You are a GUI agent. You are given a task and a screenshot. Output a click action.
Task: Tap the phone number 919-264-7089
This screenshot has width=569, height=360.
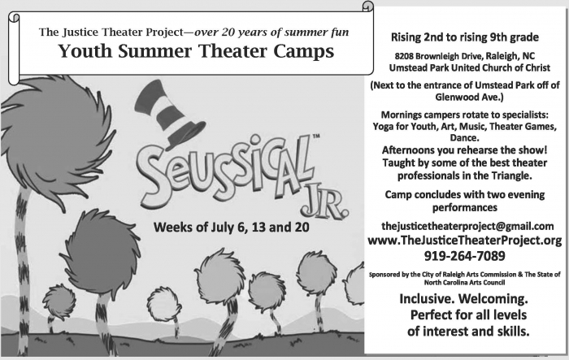464,256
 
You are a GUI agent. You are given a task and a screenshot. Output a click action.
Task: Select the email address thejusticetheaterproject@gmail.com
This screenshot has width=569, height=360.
467,227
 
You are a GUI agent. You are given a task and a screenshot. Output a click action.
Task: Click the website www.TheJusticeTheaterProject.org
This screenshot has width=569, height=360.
464,241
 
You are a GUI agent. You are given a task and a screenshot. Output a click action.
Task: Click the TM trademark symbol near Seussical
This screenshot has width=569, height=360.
316,137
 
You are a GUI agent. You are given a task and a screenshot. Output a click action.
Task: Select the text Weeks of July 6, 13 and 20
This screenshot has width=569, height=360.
231,228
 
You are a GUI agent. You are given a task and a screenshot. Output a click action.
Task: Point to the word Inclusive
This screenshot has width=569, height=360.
426,299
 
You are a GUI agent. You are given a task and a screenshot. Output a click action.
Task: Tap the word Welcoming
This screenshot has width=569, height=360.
493,299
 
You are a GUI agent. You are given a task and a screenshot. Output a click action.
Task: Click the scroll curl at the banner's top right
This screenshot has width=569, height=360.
368,7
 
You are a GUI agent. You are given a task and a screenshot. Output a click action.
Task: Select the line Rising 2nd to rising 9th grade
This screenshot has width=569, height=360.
464,37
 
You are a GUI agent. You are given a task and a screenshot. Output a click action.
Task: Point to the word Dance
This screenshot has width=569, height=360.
464,138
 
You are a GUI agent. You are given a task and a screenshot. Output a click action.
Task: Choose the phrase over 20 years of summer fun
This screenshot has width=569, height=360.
271,33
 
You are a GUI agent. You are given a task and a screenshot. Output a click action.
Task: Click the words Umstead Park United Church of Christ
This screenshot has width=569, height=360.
470,68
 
